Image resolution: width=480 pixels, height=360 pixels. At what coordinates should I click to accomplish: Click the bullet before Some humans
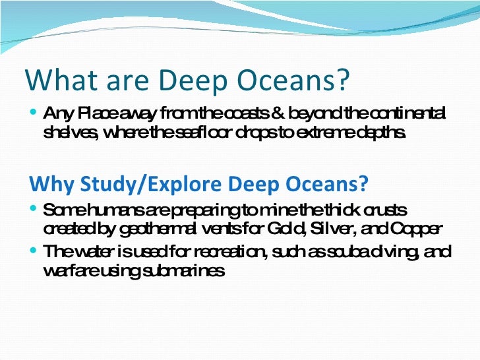click(34, 210)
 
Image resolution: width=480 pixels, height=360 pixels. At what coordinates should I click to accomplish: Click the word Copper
click(416, 228)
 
